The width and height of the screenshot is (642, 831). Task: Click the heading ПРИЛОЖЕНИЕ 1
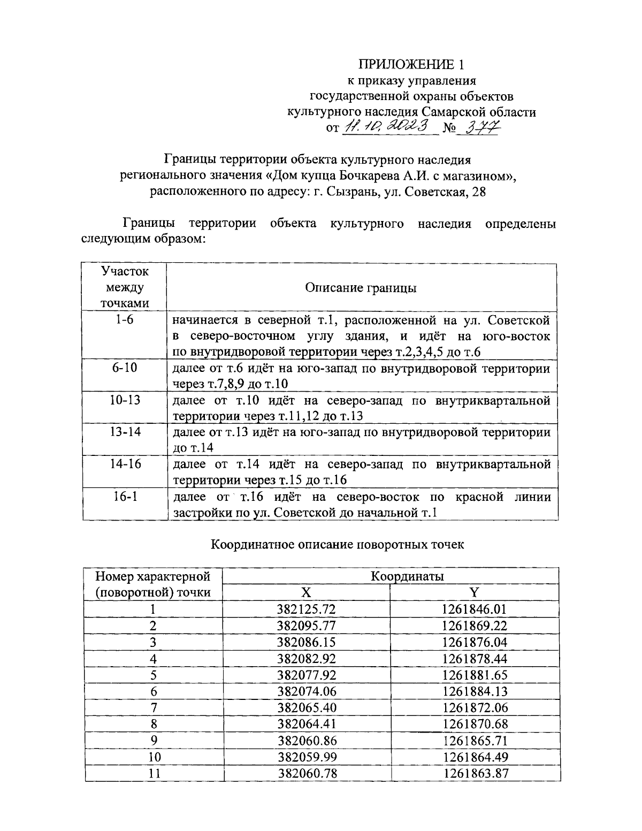point(411,65)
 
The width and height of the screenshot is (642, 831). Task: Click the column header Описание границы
point(361,288)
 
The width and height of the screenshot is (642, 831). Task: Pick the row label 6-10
point(124,369)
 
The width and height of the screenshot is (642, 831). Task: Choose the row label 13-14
point(124,432)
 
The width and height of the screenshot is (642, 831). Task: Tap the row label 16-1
point(124,497)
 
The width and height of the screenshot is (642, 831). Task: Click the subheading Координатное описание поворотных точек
point(338,545)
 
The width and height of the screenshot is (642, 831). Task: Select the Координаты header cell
point(407,576)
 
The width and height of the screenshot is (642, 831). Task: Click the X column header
point(306,592)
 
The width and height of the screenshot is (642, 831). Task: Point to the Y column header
point(474,592)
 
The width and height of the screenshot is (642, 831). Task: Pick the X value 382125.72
point(307,609)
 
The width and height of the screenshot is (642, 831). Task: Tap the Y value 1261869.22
point(475,626)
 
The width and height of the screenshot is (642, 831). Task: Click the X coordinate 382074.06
point(307,691)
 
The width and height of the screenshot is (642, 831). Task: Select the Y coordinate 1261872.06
point(475,708)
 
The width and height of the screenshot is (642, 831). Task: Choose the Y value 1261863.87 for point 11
point(475,774)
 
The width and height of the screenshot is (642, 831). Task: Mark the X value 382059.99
point(307,757)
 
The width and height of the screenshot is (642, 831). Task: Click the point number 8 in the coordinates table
point(154,725)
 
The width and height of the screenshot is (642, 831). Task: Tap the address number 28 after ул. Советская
point(478,192)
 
